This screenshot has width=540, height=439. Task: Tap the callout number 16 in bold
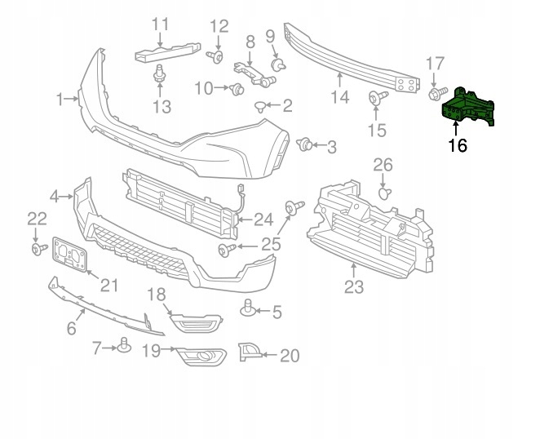click(x=458, y=146)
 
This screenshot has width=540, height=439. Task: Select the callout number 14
click(x=339, y=98)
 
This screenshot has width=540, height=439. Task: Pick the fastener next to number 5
click(x=248, y=308)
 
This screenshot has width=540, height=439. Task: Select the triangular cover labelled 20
click(x=248, y=352)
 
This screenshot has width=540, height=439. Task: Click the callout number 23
click(x=353, y=286)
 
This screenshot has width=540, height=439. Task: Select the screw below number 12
click(x=218, y=56)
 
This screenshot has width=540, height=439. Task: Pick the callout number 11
click(x=160, y=25)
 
